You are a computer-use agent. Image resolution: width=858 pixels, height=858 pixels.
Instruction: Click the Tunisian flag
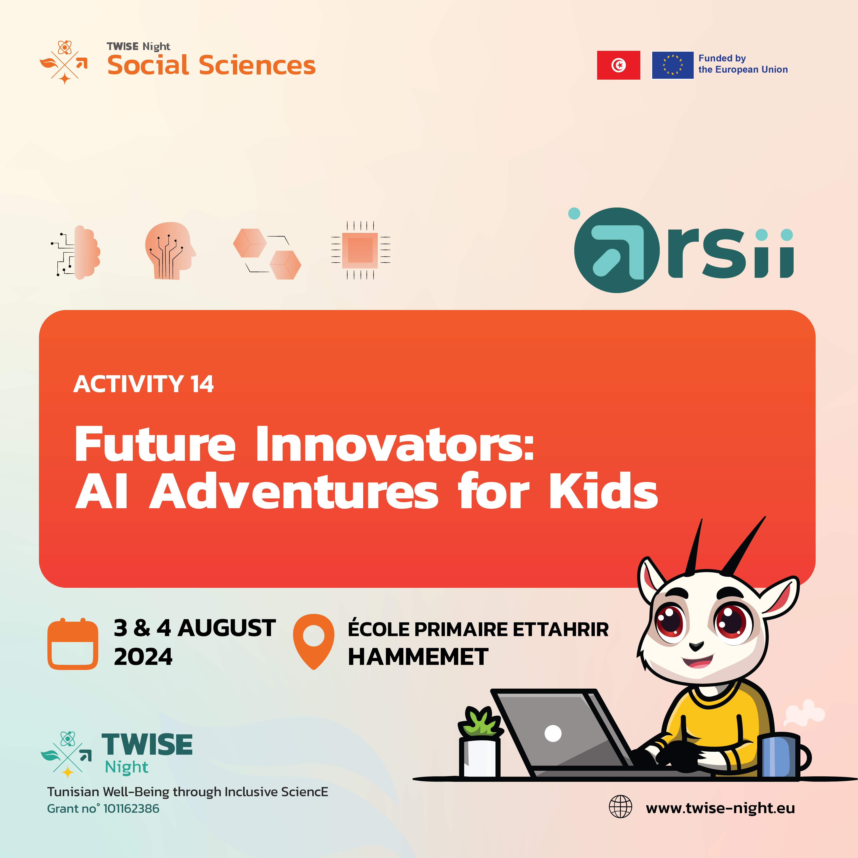(618, 65)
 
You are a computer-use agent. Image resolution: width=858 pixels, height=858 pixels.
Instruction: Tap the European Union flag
(672, 65)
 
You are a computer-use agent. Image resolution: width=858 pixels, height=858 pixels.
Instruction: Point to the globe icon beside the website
(620, 807)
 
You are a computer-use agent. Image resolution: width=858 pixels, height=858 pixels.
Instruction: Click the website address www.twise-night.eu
(720, 808)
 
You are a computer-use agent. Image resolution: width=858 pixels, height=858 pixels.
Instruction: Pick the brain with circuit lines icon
(76, 252)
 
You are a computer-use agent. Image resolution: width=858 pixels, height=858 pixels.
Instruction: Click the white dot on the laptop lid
(553, 733)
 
